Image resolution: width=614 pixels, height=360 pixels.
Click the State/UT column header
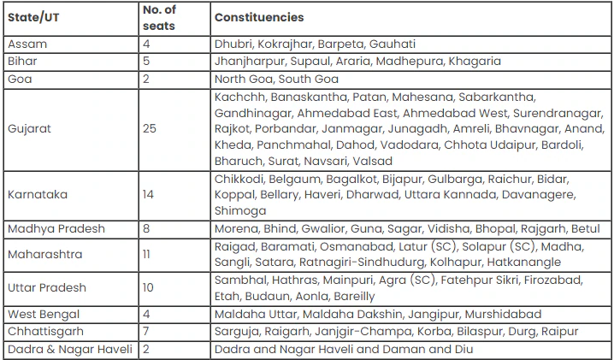(x=33, y=17)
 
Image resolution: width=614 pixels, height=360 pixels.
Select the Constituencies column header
(x=259, y=17)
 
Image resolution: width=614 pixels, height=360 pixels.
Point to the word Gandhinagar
(x=252, y=112)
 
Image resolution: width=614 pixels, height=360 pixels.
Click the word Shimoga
(x=240, y=211)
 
